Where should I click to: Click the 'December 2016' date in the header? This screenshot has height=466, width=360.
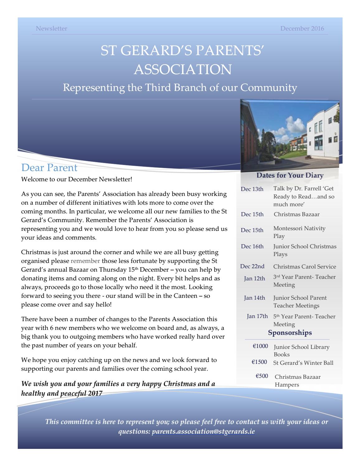302,29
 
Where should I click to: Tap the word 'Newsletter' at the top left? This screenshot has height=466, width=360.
51,29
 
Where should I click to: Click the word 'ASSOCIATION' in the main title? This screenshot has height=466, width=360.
182,69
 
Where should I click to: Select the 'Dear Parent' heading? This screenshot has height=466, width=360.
49,168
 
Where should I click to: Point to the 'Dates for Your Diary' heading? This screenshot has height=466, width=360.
290,175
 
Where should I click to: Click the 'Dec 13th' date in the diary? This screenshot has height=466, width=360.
252,189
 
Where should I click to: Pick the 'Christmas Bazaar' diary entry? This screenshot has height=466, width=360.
296,214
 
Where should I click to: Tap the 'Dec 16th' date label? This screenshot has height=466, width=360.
252,246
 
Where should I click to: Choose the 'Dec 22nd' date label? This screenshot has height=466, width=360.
252,266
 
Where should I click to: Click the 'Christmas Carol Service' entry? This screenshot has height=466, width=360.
305,267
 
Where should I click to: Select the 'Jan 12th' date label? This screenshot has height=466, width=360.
254,278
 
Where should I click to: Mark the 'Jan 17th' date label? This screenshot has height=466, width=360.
257,316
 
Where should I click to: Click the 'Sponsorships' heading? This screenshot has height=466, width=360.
290,333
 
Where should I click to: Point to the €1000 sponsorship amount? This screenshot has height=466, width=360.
260,346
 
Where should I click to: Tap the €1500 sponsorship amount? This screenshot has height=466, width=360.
259,362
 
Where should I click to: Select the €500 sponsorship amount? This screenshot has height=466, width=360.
262,376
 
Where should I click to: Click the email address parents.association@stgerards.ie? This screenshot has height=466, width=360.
203,432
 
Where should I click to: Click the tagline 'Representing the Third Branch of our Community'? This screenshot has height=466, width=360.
180,88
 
